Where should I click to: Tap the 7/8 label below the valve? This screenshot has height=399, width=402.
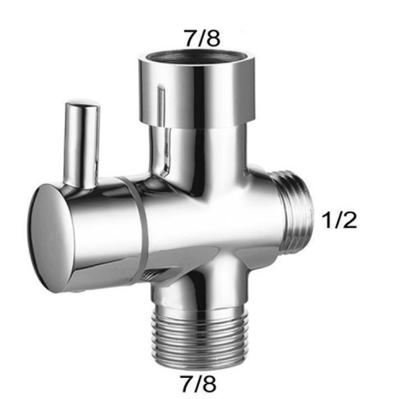coord(198,384)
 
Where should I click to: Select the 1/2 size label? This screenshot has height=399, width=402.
coord(339,220)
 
